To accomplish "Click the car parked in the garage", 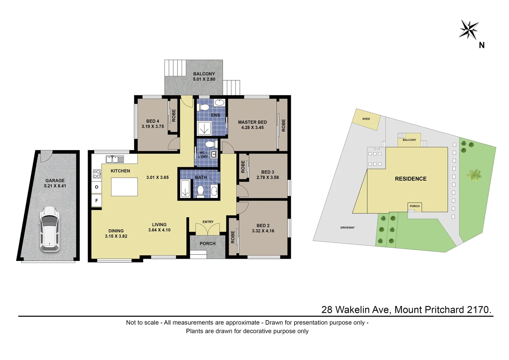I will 49,229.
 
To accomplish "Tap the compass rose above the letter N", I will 469,29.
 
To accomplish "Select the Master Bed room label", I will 252,122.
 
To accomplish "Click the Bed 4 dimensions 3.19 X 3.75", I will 153,127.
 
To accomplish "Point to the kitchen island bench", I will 124,187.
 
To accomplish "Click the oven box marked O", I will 97,187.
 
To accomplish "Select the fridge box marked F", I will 97,201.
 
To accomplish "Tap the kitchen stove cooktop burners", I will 97,174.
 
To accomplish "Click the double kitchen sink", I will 115,159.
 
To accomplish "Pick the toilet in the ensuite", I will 204,107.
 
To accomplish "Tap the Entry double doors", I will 208,229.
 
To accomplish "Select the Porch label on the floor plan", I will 208,244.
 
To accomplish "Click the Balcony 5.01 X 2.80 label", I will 204,77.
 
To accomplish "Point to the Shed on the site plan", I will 366,119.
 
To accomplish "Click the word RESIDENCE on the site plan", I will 410,179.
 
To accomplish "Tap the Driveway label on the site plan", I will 347,228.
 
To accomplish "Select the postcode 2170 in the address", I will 479,310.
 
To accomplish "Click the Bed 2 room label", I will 263,226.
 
